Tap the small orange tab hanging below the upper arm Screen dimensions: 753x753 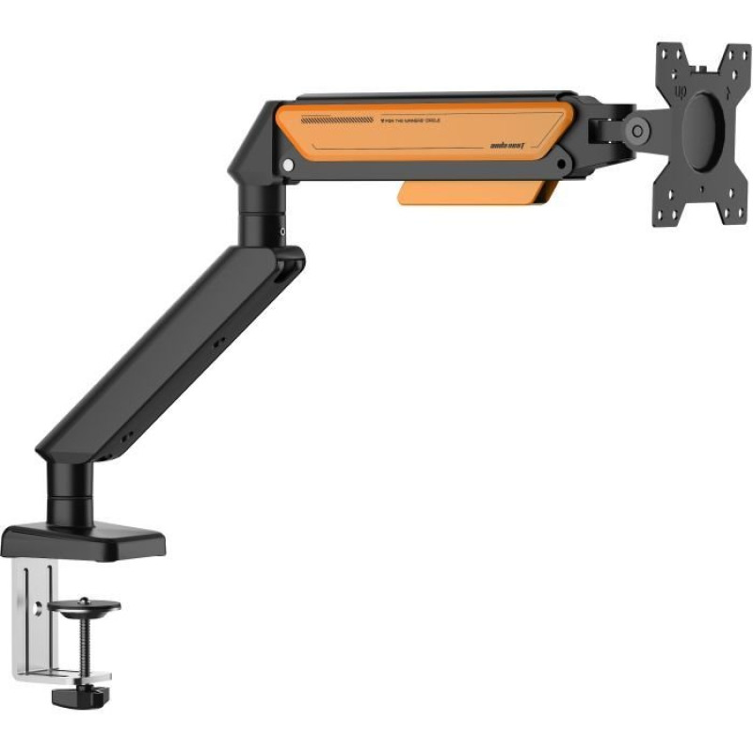[471, 193]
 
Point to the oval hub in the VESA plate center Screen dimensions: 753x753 [705, 134]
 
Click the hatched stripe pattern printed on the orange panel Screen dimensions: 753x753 [337, 120]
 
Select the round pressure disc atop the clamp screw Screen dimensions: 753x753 [86, 604]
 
